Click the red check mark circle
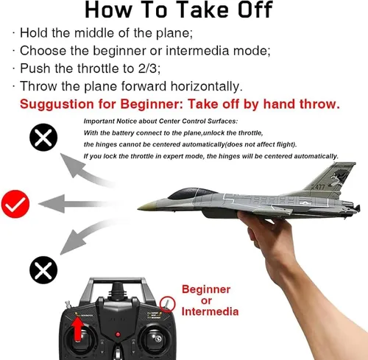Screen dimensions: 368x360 (15, 204)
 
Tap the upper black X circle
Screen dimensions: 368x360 (43, 137)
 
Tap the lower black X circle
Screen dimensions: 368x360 (43, 270)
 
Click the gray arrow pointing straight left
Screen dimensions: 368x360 (74, 204)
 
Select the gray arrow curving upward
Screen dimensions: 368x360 (82, 171)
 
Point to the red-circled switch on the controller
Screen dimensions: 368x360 (167, 304)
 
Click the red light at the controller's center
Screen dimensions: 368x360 (118, 334)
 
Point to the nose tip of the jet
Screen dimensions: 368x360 (138, 208)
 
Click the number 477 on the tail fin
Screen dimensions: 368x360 (320, 187)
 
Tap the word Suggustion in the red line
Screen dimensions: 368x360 (57, 105)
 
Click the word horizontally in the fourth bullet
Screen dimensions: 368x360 (206, 86)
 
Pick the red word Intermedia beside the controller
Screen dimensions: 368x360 (210, 311)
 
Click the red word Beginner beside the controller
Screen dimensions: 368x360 (206, 289)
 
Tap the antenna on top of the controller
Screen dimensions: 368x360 (118, 289)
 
